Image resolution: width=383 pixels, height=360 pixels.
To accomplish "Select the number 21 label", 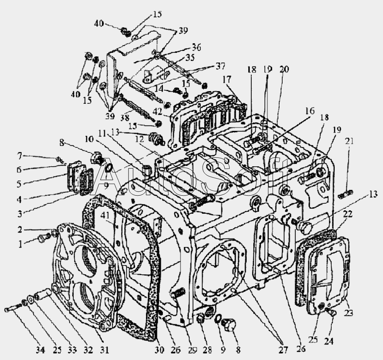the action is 349,141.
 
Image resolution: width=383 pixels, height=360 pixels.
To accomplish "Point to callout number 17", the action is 227,79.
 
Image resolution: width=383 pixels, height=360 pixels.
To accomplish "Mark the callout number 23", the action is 349,313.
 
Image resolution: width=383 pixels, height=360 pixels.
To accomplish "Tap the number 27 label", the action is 283,350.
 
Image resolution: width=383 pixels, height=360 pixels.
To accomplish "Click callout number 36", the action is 196,47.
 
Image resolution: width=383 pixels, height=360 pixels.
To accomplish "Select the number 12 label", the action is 140,139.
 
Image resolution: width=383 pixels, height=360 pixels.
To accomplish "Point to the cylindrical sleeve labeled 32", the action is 43,294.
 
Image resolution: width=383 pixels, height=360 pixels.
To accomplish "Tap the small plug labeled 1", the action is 42,238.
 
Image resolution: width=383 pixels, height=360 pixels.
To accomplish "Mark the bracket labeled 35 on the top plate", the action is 156,75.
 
